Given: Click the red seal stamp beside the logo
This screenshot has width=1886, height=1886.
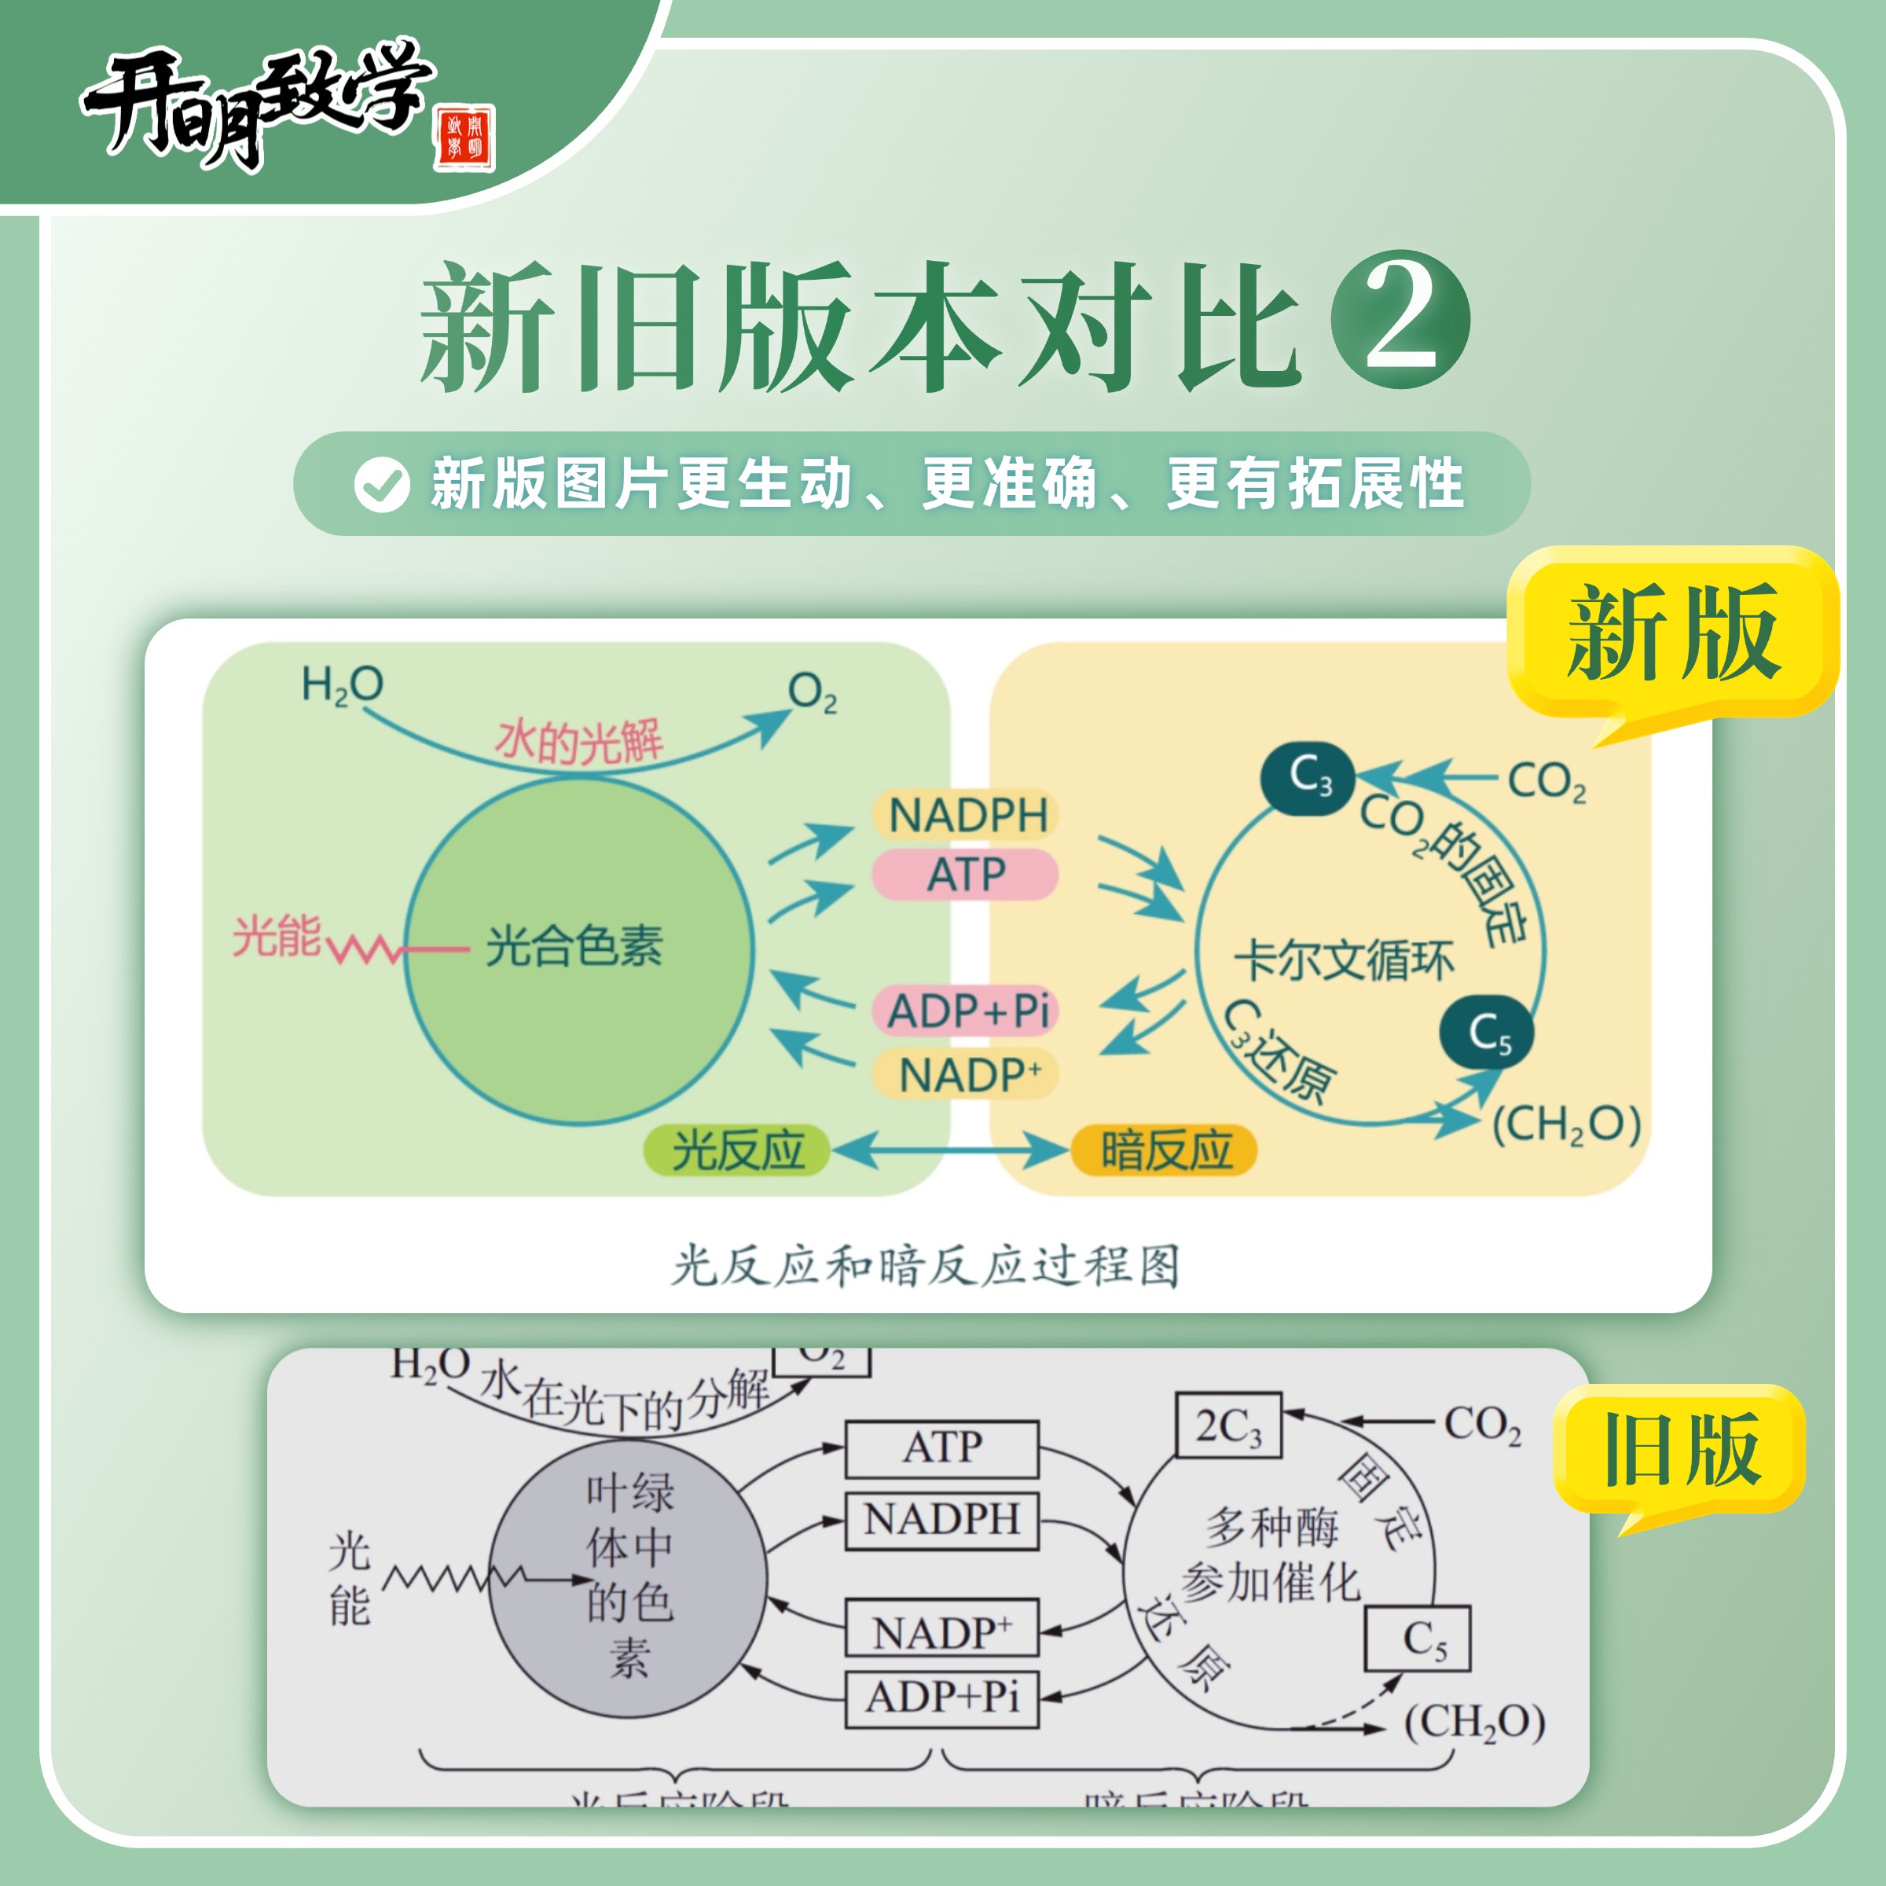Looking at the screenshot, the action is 464,137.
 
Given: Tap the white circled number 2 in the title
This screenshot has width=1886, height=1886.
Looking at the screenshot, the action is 1400,319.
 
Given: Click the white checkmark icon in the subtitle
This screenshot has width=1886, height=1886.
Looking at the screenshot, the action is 382,484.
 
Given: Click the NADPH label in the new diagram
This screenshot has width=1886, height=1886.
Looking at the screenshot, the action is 967,815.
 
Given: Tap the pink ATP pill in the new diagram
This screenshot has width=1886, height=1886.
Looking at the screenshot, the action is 966,874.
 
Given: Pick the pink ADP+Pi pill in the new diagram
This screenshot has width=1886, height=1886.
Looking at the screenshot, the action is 967,1011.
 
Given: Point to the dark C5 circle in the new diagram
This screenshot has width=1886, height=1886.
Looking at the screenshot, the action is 1487,1033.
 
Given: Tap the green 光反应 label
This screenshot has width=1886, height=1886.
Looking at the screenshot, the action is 738,1150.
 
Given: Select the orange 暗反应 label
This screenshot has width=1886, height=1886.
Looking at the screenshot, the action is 1165,1150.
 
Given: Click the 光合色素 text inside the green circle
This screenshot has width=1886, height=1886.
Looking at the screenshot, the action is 574,945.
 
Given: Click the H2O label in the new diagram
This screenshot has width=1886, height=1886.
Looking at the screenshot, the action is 342,685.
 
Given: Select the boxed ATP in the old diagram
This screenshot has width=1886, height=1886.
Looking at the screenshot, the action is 942,1448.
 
